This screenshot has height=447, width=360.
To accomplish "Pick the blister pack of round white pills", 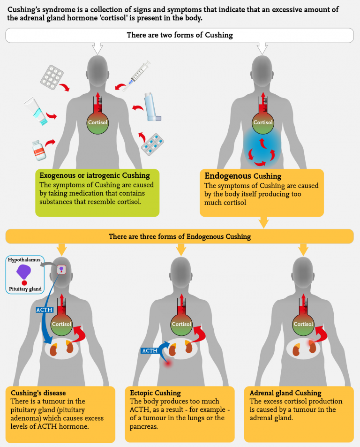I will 52,75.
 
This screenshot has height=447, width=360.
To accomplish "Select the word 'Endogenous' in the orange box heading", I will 227,176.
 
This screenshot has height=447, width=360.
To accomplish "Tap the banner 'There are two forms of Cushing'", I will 180,35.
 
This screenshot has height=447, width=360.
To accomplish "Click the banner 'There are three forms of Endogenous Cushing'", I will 180,236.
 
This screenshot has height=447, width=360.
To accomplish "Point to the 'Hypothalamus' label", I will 24,259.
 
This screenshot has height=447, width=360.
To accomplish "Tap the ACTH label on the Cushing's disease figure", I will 45,310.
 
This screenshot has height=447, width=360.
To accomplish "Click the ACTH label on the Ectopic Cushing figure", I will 150,350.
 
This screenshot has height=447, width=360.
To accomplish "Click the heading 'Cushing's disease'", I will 38,393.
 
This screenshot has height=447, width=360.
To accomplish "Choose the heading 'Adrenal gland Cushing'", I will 285,393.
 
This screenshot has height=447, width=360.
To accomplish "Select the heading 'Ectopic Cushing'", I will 155,393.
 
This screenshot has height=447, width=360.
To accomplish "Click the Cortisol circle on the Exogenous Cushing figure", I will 97,122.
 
